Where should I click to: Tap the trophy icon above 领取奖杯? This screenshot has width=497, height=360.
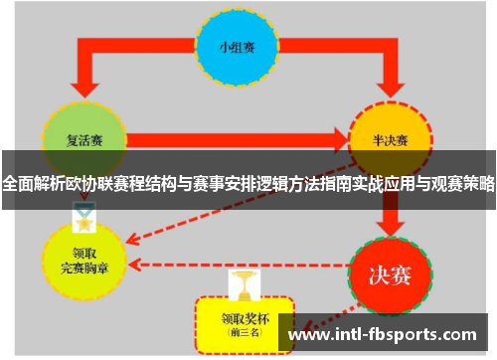(x=240, y=284)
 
